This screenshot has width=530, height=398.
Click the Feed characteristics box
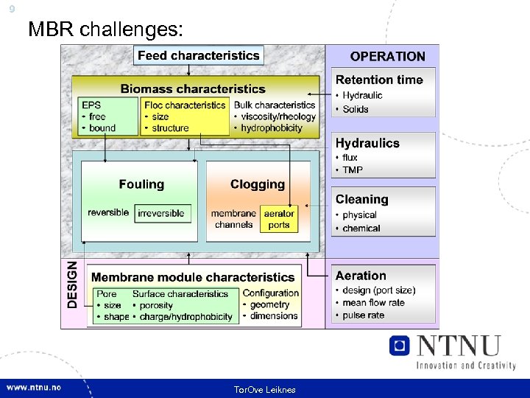198,55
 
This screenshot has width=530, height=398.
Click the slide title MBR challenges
105,29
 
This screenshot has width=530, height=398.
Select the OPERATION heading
387,56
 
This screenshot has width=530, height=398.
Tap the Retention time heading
379,80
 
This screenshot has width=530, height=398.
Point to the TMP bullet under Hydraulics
353,170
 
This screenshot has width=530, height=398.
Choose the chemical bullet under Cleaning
361,228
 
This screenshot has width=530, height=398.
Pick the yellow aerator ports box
279,219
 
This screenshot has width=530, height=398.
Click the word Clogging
257,184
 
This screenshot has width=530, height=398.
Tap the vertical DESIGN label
72,283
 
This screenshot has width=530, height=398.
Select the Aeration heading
361,276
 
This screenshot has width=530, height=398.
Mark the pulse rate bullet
364,315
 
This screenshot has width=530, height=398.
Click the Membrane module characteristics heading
193,277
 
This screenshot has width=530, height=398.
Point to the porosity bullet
155,305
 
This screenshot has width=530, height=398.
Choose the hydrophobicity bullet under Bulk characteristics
272,128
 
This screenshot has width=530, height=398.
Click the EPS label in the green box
91,105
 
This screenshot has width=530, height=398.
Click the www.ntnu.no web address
35,388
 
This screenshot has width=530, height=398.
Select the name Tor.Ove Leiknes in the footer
264,389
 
